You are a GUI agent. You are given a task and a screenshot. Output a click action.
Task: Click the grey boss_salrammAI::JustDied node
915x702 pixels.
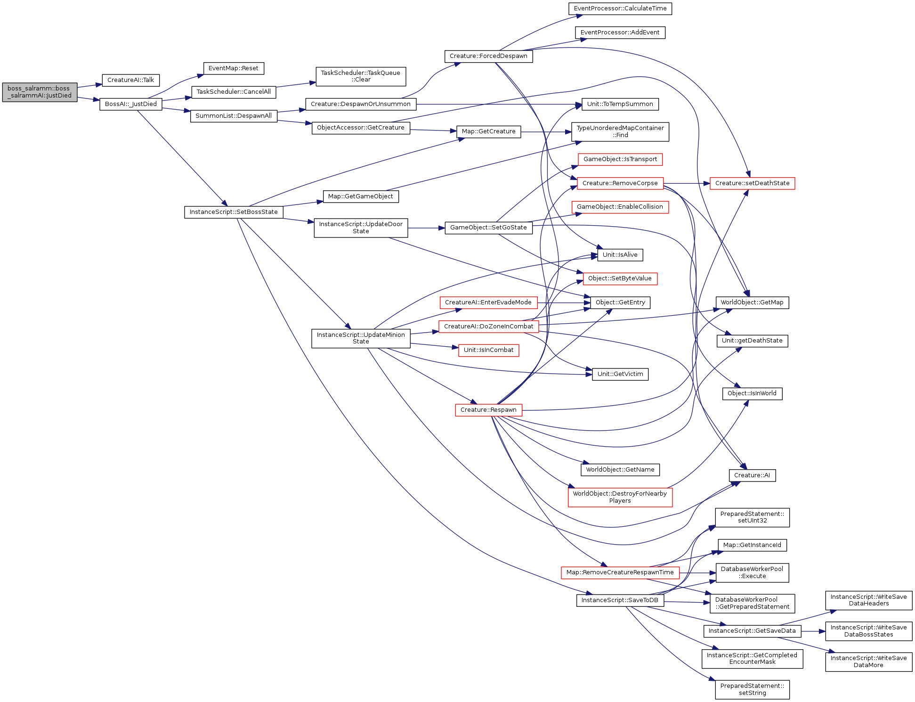(x=40, y=92)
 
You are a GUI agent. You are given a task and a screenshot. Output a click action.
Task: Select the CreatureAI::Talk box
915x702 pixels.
(x=131, y=80)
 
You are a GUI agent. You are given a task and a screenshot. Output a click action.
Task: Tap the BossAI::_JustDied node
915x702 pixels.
(x=131, y=104)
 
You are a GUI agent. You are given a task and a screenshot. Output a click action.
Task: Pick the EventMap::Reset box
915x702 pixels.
(x=234, y=68)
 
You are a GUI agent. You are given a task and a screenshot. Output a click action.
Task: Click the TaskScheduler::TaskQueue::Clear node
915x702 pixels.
(x=361, y=76)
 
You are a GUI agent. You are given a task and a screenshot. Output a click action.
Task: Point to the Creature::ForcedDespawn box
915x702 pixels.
(x=488, y=56)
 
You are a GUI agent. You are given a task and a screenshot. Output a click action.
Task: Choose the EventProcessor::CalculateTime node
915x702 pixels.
(x=620, y=8)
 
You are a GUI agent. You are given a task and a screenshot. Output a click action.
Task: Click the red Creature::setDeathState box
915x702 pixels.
(x=752, y=183)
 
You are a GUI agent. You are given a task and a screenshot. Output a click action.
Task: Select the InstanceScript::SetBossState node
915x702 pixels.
(x=234, y=212)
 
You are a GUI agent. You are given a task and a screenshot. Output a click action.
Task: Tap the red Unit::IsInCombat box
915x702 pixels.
(x=488, y=350)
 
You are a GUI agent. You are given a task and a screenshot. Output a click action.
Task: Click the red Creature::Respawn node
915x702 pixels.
(x=488, y=410)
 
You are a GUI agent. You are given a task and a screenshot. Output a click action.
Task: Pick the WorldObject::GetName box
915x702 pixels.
(x=620, y=470)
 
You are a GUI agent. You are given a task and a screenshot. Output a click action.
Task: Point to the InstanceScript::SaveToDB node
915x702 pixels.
(x=620, y=600)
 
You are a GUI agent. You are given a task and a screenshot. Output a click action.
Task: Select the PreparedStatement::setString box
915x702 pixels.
(x=752, y=689)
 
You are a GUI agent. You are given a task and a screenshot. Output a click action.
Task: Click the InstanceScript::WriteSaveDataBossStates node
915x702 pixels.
(x=868, y=631)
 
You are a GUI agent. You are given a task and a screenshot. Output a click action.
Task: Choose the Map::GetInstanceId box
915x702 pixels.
(x=752, y=545)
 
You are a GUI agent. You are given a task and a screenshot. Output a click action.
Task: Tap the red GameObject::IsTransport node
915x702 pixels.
(x=620, y=159)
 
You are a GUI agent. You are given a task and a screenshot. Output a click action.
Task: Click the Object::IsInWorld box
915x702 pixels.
(x=752, y=393)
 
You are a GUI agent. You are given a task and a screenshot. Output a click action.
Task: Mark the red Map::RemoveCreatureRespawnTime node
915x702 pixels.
(x=620, y=572)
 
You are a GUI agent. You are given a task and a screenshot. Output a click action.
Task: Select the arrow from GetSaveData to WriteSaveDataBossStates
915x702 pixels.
(x=813, y=631)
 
